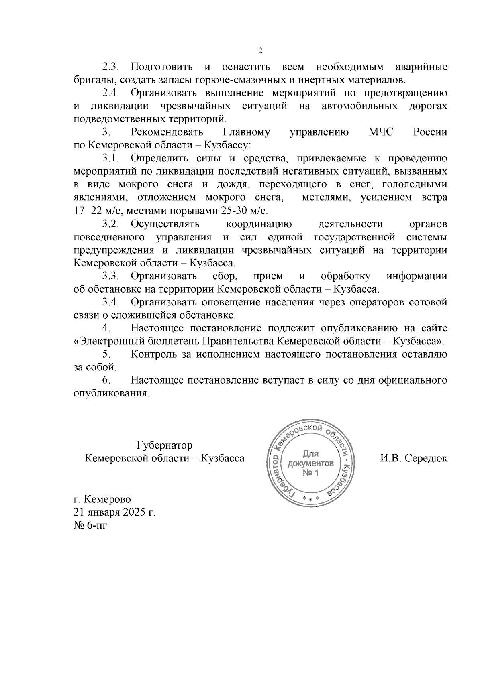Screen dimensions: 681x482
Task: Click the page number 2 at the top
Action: pos(260,51)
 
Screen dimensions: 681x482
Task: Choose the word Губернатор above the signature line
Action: pos(164,445)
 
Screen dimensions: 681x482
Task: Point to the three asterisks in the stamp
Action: pos(310,498)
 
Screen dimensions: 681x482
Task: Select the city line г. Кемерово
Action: pos(102,500)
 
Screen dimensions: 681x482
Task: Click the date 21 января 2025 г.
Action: pos(114,512)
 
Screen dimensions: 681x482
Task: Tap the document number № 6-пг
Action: pos(91,525)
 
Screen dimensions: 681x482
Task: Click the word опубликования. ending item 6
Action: pos(111,393)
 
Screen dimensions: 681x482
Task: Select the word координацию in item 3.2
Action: pos(259,224)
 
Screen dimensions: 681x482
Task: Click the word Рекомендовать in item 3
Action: pos(167,132)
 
